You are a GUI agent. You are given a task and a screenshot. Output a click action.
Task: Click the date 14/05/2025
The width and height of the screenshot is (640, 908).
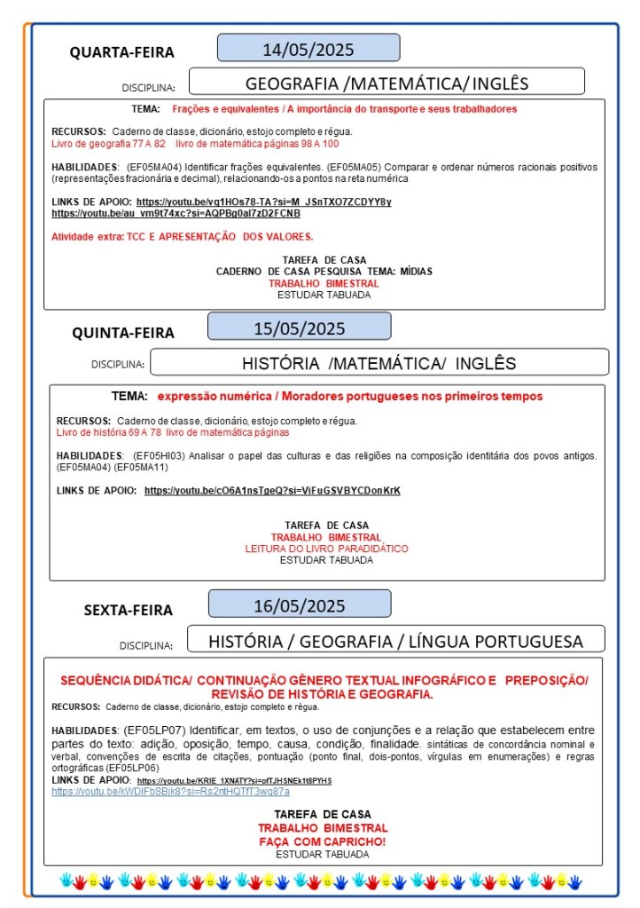click(308, 49)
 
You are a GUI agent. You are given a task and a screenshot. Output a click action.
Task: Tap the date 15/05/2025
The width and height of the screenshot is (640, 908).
click(300, 328)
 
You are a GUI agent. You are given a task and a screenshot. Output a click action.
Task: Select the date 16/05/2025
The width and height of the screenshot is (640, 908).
click(300, 606)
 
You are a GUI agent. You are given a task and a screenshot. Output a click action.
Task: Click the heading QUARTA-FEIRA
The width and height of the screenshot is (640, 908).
click(122, 52)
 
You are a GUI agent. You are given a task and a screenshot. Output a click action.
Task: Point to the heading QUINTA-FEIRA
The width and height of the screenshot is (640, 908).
click(123, 333)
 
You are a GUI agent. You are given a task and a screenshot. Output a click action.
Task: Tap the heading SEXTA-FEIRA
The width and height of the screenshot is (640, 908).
click(129, 611)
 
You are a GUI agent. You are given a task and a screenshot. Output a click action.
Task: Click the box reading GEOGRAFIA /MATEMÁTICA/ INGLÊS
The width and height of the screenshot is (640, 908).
click(386, 83)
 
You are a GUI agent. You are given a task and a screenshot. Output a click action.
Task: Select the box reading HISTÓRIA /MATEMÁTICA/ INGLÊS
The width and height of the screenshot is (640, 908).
click(379, 363)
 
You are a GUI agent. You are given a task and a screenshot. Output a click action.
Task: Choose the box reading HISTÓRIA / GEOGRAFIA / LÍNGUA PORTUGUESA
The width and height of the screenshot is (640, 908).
click(395, 641)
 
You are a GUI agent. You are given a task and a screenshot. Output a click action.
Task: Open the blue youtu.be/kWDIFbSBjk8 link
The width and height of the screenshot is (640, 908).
click(170, 791)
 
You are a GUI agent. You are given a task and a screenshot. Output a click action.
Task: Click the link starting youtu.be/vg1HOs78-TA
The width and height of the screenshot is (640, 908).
click(263, 201)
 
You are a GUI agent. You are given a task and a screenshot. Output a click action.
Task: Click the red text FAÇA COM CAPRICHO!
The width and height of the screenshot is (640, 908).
click(322, 841)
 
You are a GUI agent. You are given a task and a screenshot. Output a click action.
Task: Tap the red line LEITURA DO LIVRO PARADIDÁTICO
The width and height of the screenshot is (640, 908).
click(326, 549)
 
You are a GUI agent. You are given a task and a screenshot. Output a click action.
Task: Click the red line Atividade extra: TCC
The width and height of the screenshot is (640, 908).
click(182, 237)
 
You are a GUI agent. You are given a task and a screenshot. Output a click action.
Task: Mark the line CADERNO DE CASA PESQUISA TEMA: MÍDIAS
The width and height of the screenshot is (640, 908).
click(324, 272)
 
